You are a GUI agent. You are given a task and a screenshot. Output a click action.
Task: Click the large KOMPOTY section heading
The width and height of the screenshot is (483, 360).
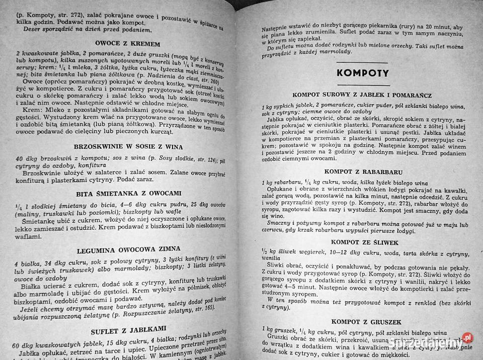point(362,72)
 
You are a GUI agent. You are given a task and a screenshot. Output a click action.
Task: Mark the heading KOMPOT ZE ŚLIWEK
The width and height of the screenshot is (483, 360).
point(358,242)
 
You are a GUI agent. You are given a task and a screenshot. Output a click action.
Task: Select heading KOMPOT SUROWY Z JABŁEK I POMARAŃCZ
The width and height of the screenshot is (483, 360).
point(361,95)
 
